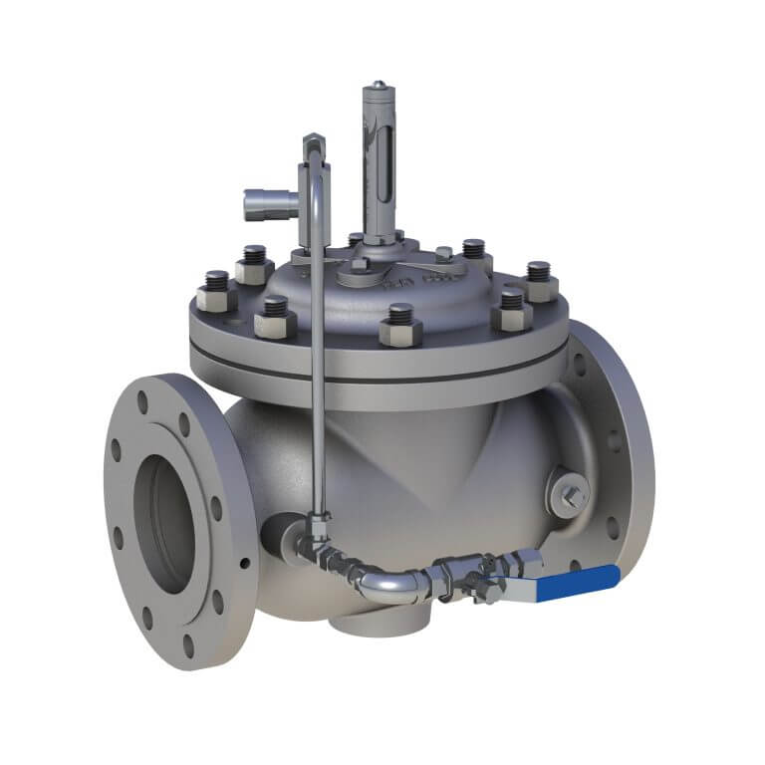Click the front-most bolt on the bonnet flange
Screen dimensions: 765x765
(400, 325)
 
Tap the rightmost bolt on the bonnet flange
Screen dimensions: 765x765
(539, 281)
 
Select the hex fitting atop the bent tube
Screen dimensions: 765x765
(311, 141)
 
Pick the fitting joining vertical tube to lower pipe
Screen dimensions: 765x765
(318, 524)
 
